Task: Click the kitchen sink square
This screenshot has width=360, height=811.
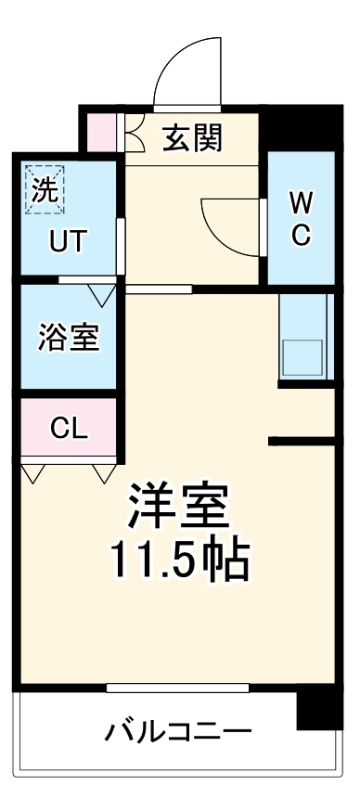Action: [x=302, y=358]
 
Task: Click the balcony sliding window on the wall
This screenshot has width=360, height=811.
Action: [x=177, y=688]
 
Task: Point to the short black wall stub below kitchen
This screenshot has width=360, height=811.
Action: [x=301, y=440]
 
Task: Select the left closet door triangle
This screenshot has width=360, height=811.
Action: [x=34, y=474]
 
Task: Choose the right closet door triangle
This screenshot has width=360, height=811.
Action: [x=102, y=474]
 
